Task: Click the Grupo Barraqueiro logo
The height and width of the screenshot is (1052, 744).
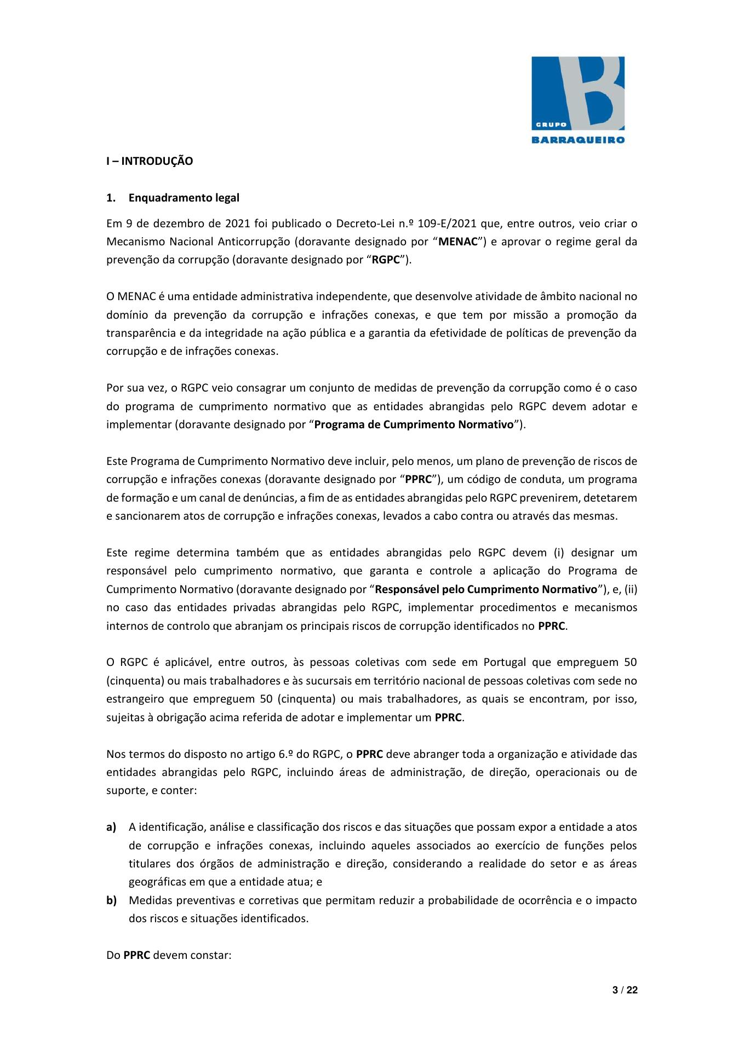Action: coord(578,99)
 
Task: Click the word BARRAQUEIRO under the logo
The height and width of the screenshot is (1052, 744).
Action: coord(578,140)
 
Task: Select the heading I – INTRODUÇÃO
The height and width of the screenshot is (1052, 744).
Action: coord(150,162)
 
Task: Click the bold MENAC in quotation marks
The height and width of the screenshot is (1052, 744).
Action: coord(459,242)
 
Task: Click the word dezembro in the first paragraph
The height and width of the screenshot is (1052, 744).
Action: coord(165,223)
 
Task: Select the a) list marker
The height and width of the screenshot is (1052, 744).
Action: coord(111,827)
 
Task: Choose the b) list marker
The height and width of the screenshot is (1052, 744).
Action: coord(111,900)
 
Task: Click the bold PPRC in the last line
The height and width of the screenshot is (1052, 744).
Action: coord(136,955)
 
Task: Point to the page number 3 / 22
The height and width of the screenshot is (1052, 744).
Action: coord(625,990)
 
